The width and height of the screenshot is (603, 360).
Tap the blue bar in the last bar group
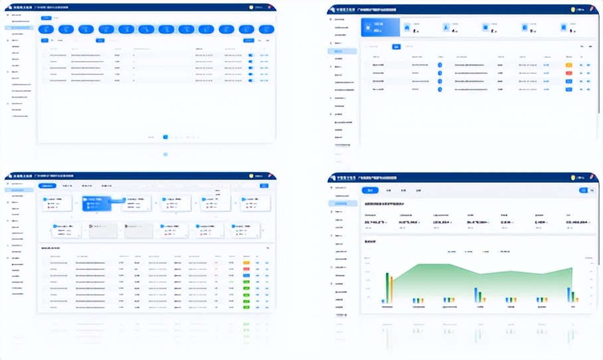pyautogui.click(x=568, y=295)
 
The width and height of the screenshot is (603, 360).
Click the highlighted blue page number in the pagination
pyautogui.click(x=165, y=137)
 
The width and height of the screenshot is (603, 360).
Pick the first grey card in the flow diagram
pyautogui.click(x=103, y=230)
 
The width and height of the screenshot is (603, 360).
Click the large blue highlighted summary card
pyautogui.click(x=380, y=27)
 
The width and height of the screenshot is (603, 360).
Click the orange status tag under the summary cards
pyautogui.click(x=568, y=64)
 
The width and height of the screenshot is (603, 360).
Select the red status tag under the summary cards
pyautogui.click(x=568, y=72)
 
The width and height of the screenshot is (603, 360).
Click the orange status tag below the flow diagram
pyautogui.click(x=246, y=263)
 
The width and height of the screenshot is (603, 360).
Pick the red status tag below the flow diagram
pyautogui.click(x=246, y=269)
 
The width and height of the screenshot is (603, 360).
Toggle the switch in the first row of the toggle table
pyautogui.click(x=250, y=55)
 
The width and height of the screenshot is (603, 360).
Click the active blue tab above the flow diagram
pyautogui.click(x=46, y=186)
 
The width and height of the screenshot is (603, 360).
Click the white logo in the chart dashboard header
pyautogui.click(x=334, y=177)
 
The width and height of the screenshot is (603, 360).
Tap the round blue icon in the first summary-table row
pyautogui.click(x=440, y=64)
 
